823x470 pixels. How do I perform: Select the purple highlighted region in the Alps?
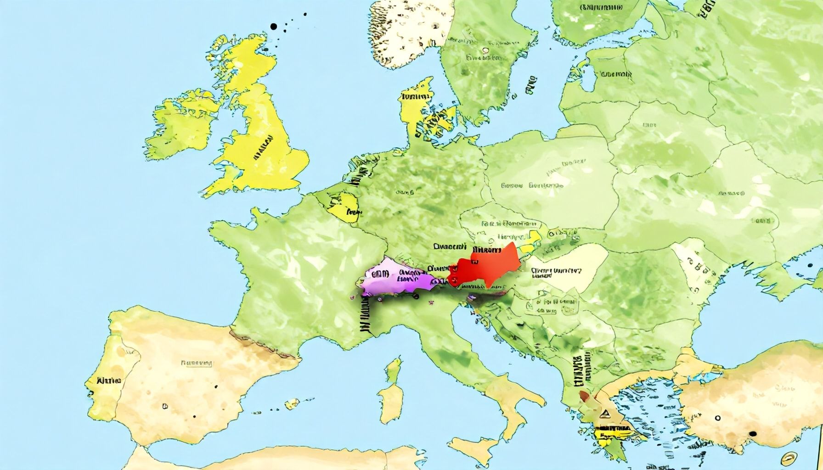pos(395,280)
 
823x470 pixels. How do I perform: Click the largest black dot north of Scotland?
pos(275,27)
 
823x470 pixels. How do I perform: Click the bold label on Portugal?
pos(109,380)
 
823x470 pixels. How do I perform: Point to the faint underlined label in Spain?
pos(197,363)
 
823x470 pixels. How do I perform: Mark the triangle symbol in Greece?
pos(606,414)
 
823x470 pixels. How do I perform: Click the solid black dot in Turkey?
pos(752,434)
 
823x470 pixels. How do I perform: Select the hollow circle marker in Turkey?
pos(717,418)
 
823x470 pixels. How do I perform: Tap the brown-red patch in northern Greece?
pos(585,396)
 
